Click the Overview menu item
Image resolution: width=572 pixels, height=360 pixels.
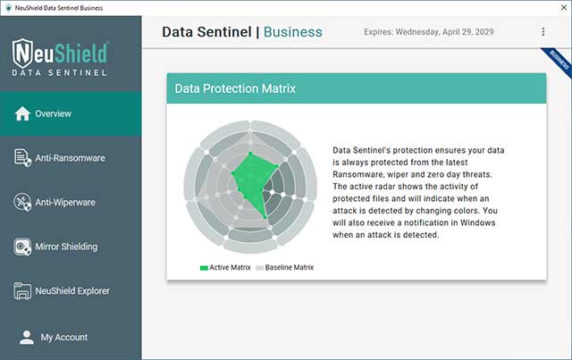(x=54, y=114)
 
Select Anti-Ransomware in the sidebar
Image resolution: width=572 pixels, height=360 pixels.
(x=70, y=158)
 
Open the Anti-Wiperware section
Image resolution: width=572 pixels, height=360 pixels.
(x=65, y=203)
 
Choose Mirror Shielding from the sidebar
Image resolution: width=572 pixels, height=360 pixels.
(x=67, y=247)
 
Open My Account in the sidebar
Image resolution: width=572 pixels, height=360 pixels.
(x=64, y=337)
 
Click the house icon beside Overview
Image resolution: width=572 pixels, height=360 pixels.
(x=22, y=113)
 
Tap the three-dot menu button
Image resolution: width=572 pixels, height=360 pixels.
(x=543, y=32)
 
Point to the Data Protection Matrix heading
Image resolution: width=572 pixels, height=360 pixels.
(x=235, y=89)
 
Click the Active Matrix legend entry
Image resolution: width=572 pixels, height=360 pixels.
(x=225, y=267)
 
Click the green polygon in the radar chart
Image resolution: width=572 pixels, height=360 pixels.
(x=253, y=183)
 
